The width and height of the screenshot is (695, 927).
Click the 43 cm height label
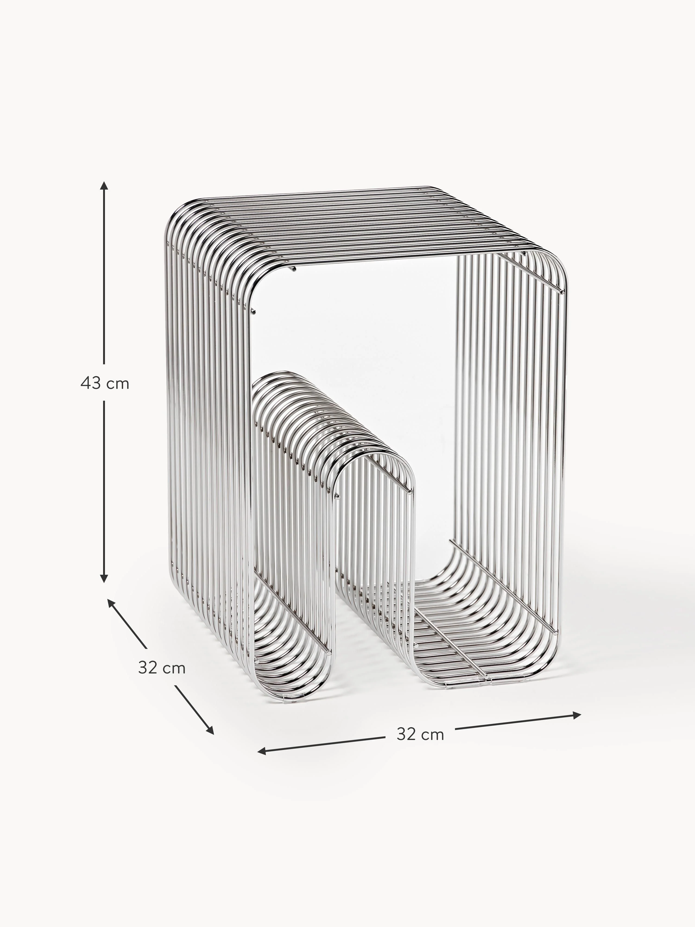pos(105,384)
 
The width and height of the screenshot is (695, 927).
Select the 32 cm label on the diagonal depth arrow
pos(162,668)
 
